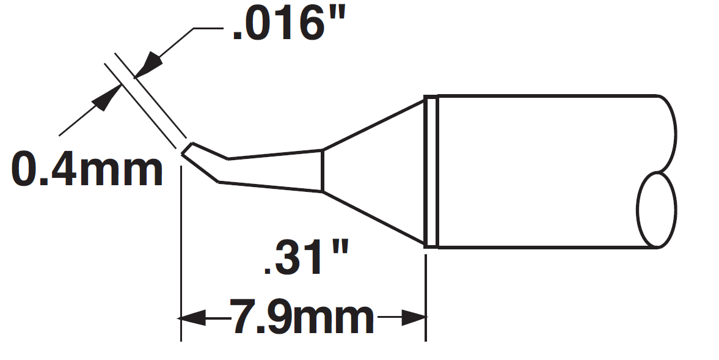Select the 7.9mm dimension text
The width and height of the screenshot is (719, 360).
coord(301,317)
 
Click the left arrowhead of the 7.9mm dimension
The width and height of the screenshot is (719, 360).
coord(189,318)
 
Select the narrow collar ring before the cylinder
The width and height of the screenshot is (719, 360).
coord(431,172)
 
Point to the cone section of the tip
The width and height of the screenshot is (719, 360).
coord(373,171)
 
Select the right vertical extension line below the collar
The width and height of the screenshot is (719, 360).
coord(425,293)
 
